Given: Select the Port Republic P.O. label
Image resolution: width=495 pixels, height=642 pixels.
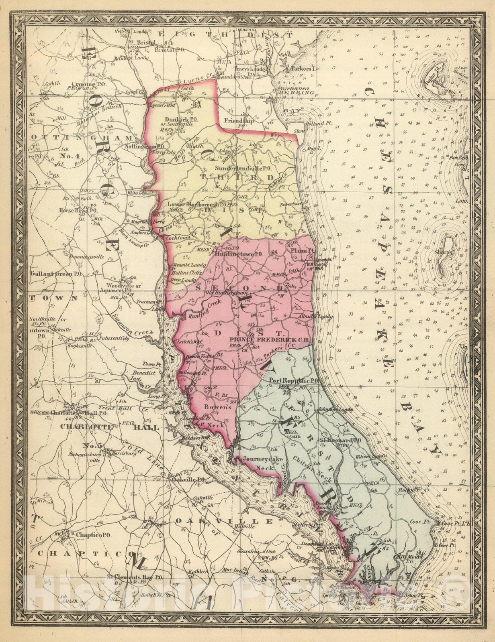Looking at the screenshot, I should pos(294,380).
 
